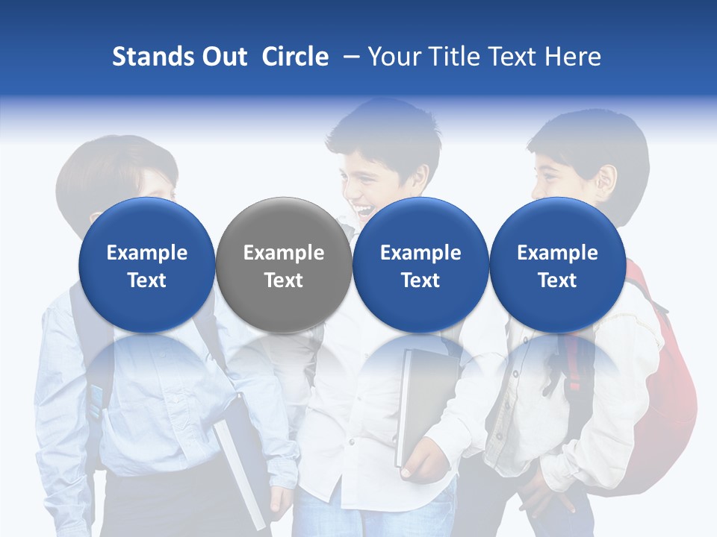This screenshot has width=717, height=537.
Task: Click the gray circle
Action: pyautogui.click(x=284, y=265)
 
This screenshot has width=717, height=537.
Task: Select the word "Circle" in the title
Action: pyautogui.click(x=295, y=57)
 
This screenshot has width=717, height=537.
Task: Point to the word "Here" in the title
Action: pyautogui.click(x=573, y=57)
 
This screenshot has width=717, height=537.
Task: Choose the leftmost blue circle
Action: pyautogui.click(x=147, y=265)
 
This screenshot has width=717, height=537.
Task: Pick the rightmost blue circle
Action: pyautogui.click(x=557, y=265)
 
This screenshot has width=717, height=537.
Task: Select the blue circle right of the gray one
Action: pyautogui.click(x=420, y=265)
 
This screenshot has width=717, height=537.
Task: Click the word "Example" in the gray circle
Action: pyautogui.click(x=284, y=253)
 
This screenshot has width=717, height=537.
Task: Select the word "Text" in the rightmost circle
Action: pyautogui.click(x=557, y=280)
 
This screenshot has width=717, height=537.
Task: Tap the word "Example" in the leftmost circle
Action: pyautogui.click(x=147, y=253)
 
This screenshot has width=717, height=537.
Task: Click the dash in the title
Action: pyautogui.click(x=348, y=57)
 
